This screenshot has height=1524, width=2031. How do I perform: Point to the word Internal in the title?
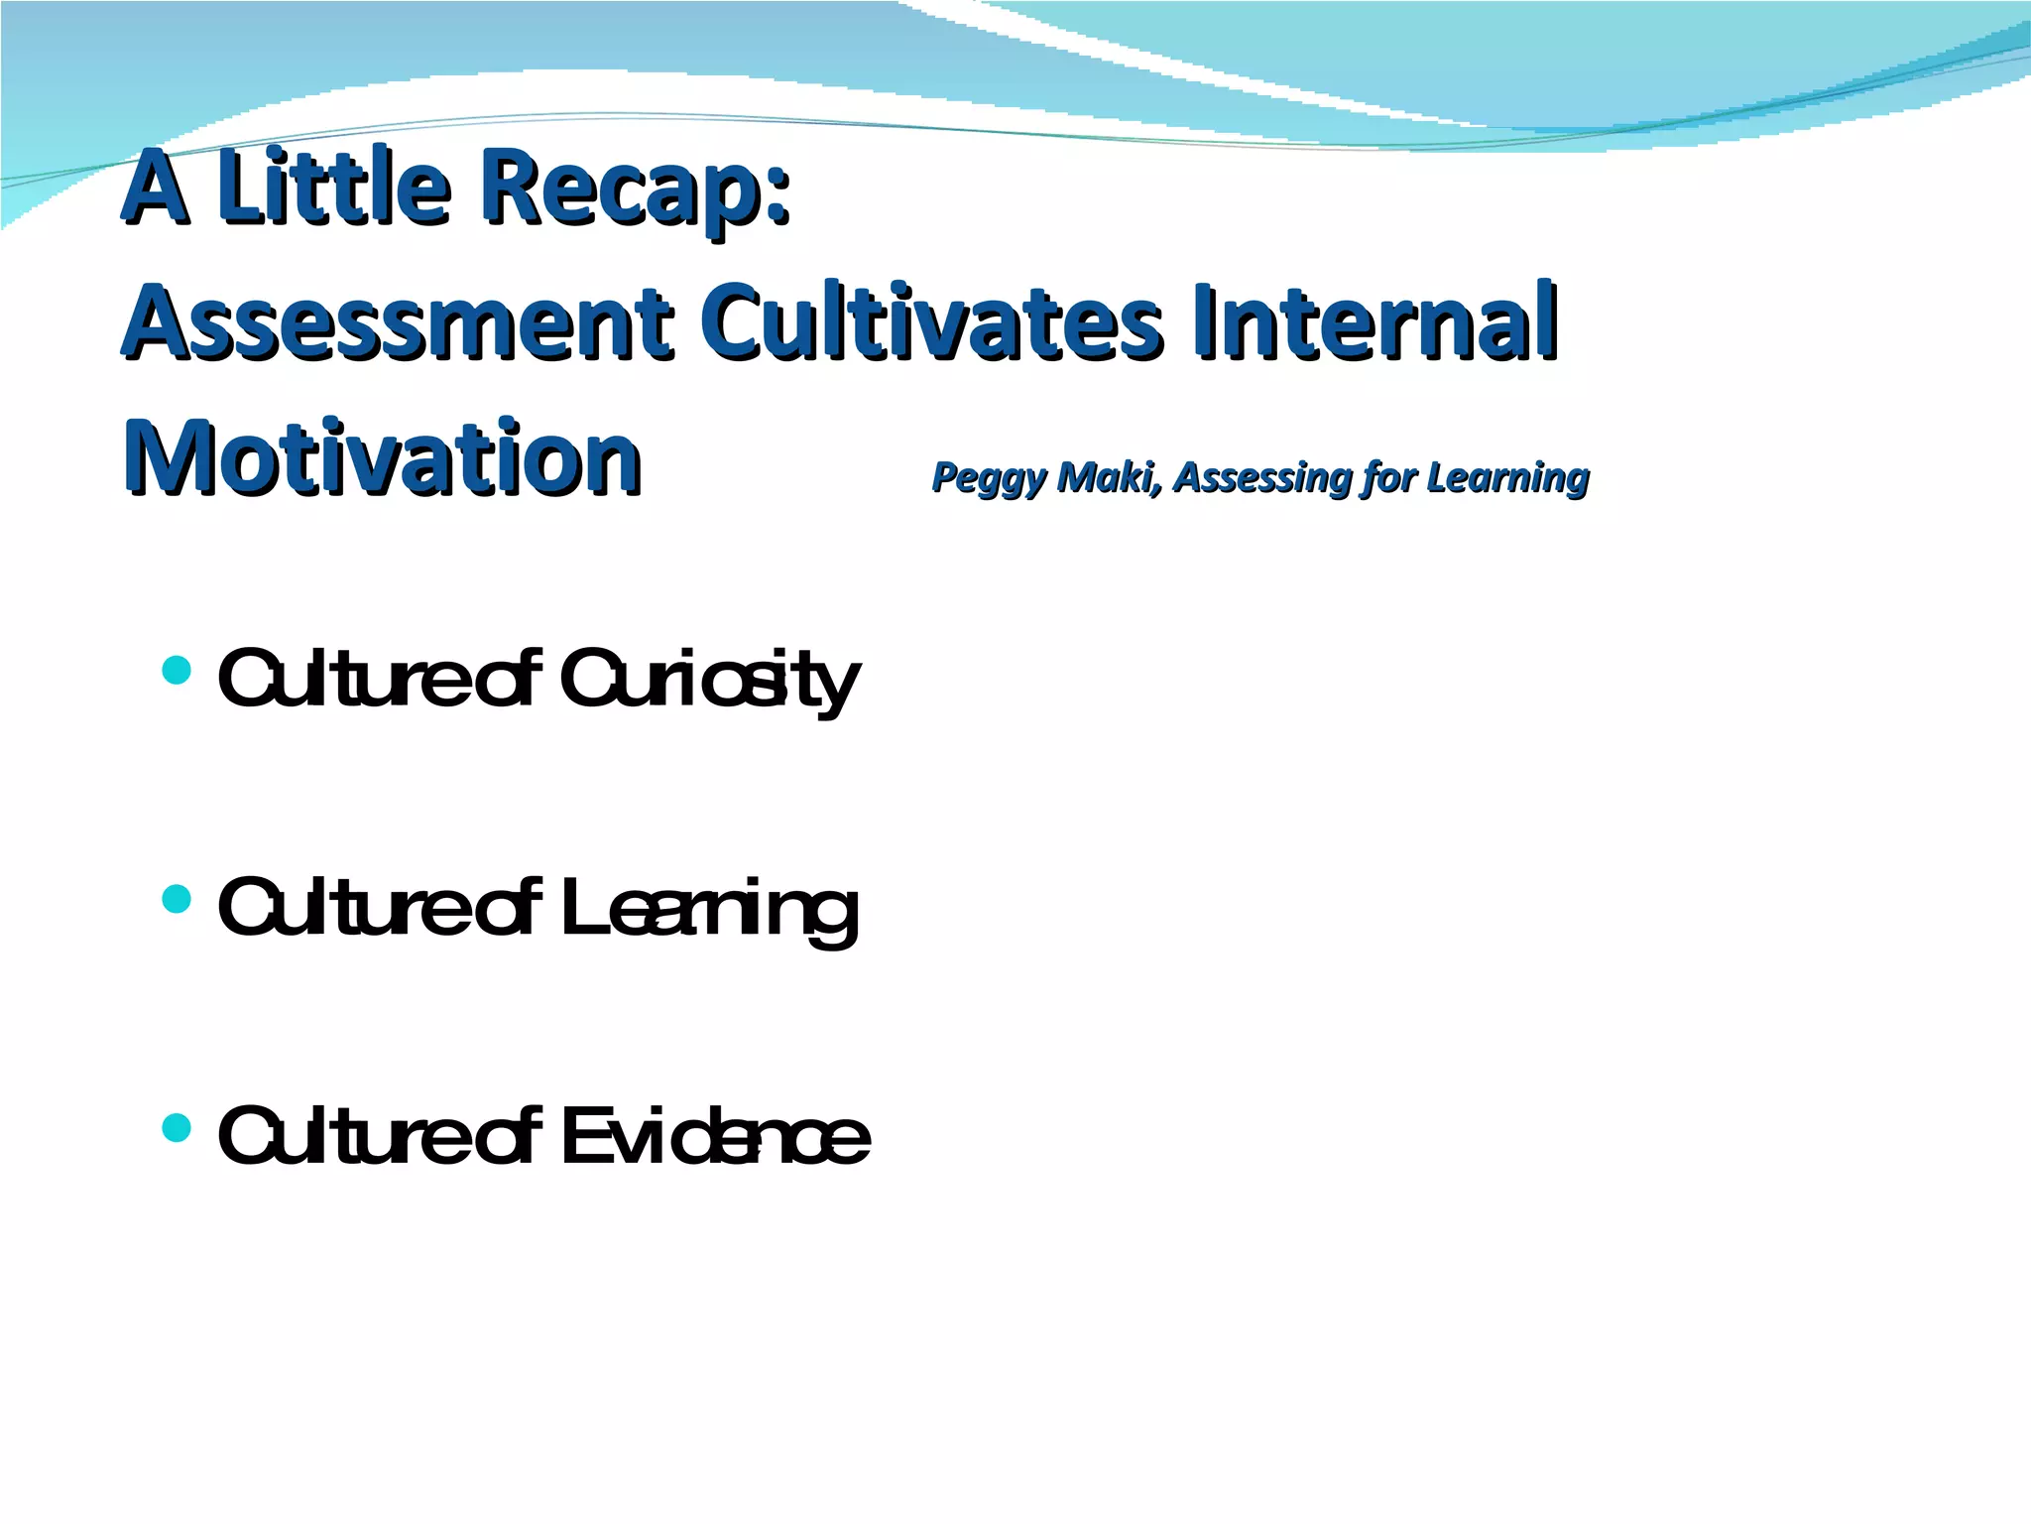coord(1374,322)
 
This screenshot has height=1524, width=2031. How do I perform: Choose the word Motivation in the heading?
coord(382,458)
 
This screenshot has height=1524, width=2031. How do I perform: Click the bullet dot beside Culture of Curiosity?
coord(176,671)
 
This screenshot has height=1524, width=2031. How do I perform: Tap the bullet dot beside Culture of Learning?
coord(176,899)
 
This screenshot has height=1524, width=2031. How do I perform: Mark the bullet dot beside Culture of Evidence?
coord(176,1127)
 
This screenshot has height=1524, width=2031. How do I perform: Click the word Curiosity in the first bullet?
coord(708,681)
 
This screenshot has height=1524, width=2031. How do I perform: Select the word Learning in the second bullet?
coord(708,909)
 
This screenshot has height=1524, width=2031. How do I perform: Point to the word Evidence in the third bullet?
coord(714,1137)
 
